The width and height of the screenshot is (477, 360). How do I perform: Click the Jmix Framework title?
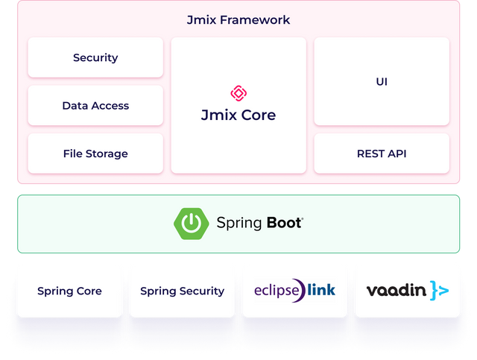click(238, 20)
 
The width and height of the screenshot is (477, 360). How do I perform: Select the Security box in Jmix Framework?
click(95, 57)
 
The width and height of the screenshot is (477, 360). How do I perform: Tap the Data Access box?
click(95, 106)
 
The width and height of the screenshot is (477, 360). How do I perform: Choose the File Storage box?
click(95, 154)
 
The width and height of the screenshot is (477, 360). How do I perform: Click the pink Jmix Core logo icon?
click(238, 93)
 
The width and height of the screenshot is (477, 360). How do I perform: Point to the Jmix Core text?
click(238, 116)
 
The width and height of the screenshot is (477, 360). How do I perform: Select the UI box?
click(382, 81)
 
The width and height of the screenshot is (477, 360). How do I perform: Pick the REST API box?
click(382, 154)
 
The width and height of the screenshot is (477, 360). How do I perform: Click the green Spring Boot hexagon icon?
click(191, 223)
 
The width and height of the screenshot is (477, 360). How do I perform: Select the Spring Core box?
click(69, 291)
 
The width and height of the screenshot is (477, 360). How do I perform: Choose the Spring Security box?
click(182, 291)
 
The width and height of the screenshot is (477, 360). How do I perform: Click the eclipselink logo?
click(294, 290)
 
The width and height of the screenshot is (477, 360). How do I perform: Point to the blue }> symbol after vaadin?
click(439, 291)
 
